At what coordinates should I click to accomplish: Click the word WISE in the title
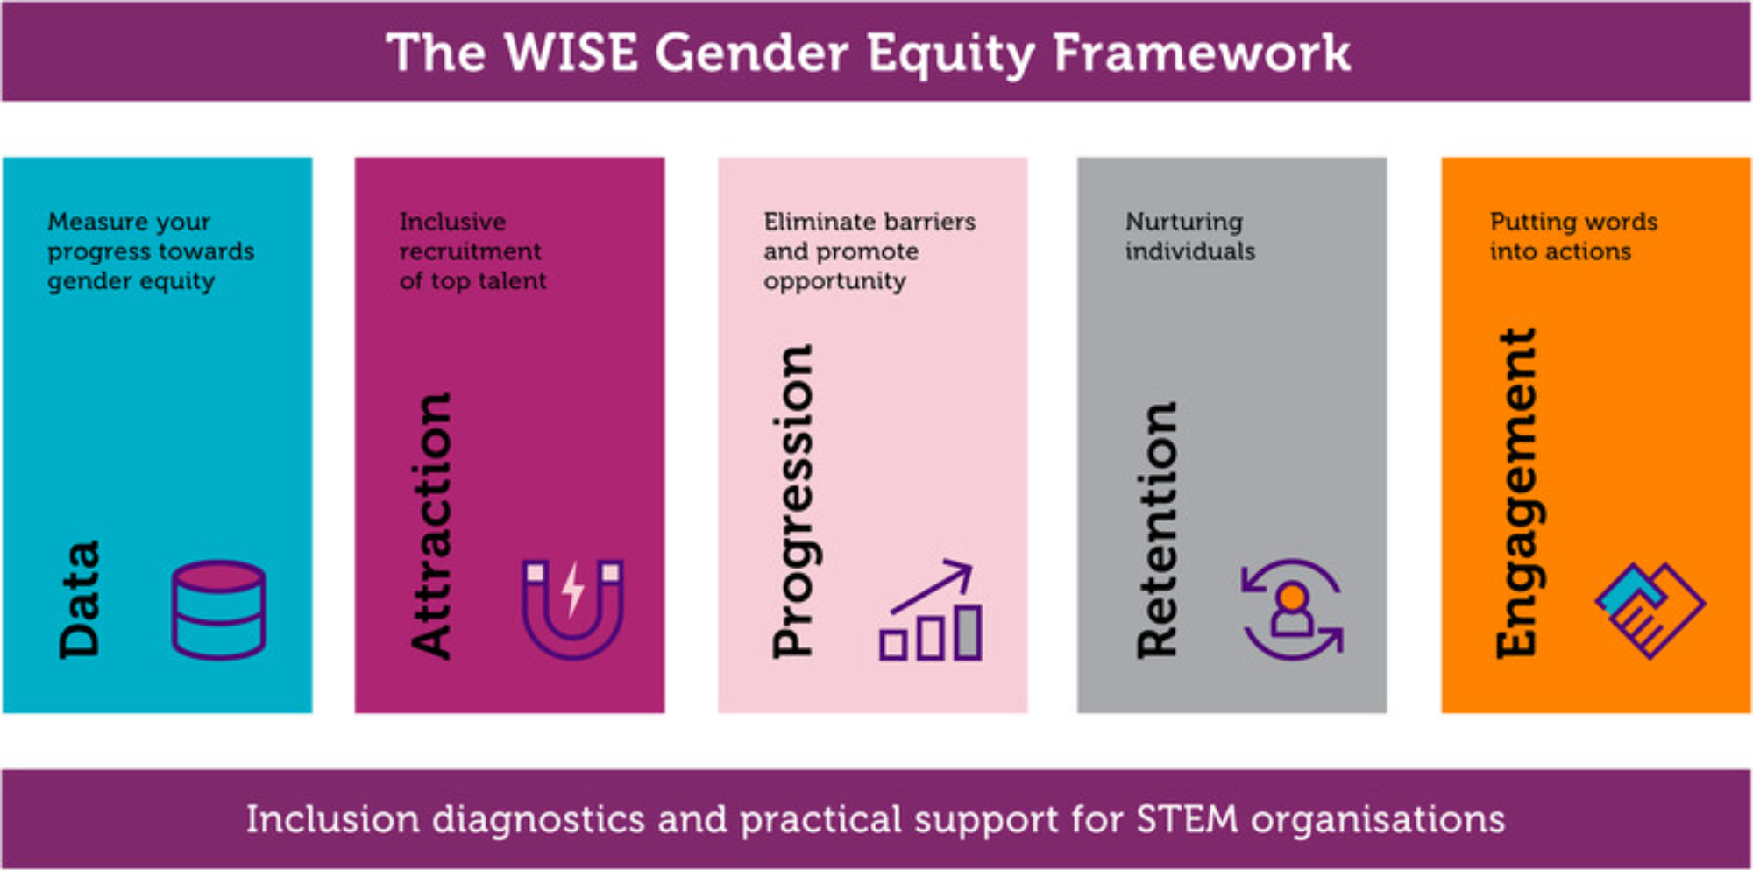571,53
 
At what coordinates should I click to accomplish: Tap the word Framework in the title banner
1202,53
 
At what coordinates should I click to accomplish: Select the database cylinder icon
218,610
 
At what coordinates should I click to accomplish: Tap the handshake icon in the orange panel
1650,610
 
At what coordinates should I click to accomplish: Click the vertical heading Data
80,599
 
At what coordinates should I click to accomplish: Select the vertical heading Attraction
431,526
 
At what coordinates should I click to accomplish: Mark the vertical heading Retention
1157,530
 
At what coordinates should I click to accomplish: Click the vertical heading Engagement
1517,492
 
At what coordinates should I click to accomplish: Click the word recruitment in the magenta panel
470,251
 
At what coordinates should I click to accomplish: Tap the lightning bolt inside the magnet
572,589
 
